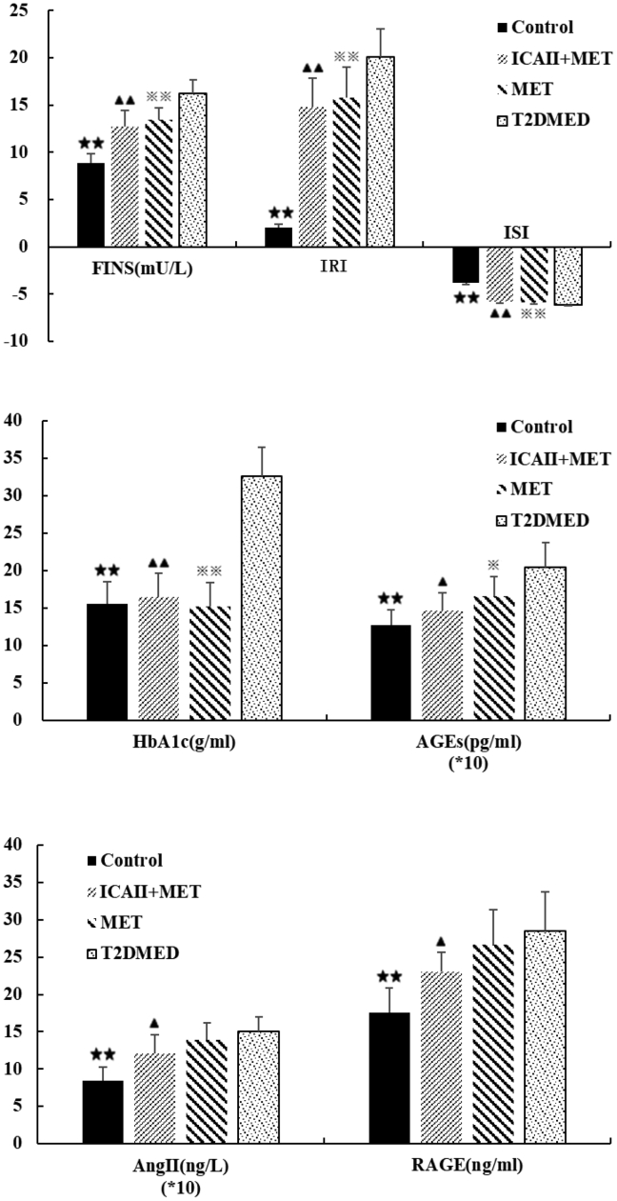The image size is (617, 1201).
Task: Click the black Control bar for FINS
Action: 90,205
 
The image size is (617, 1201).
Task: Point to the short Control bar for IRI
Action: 279,237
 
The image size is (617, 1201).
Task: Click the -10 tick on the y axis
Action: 16,340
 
